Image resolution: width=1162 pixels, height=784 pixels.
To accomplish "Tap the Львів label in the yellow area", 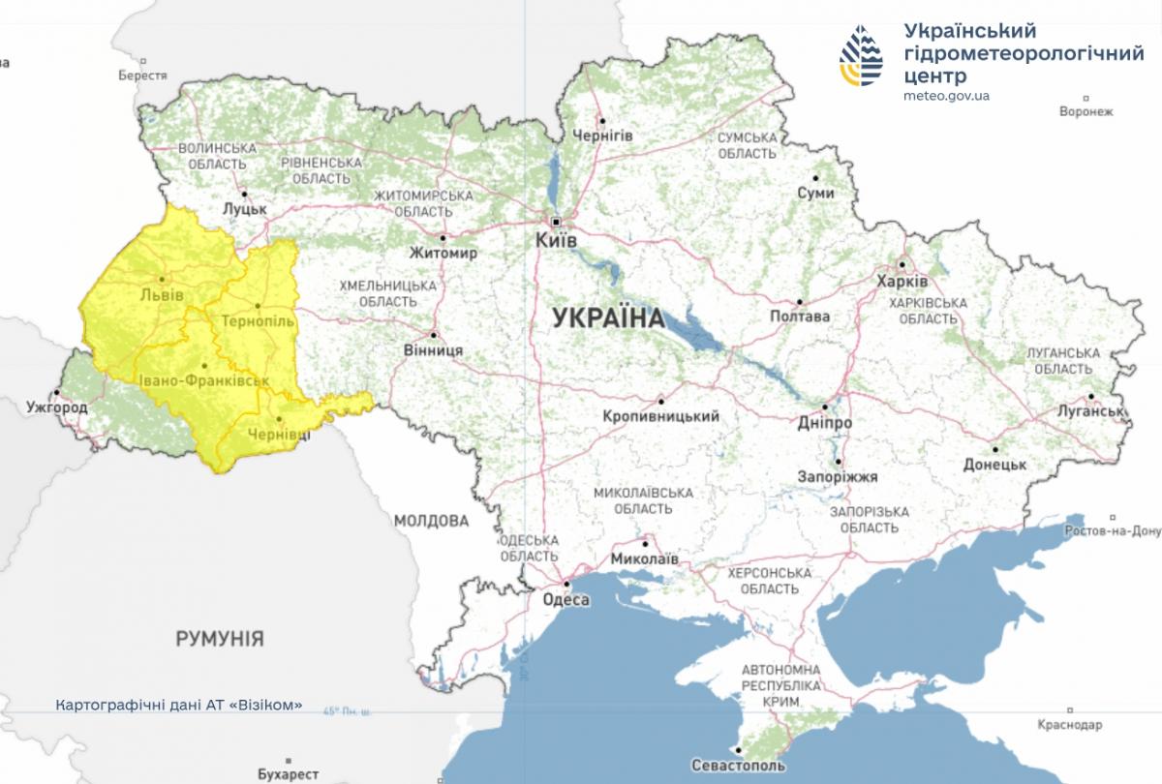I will tap(161, 294).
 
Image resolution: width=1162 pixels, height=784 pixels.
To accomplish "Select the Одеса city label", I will tap(566, 600).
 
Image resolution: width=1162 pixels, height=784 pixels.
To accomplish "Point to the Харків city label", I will tap(901, 281).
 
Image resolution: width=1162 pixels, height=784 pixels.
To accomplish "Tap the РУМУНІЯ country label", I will tap(220, 639).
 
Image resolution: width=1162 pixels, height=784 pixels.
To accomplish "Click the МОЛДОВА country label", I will tap(431, 521).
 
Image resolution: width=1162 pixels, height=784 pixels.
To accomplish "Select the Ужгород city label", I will tap(57, 407).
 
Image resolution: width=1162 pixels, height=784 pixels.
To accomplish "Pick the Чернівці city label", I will tap(279, 436).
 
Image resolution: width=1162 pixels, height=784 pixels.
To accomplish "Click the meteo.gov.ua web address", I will tap(946, 96).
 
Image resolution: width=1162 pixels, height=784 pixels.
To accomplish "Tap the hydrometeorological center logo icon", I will tap(861, 56).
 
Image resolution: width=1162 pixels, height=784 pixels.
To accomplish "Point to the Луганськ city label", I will tap(1090, 410).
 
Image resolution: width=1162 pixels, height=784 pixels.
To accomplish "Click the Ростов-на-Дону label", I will tap(1112, 531).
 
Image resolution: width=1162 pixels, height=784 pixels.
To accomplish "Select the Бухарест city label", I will tap(289, 774).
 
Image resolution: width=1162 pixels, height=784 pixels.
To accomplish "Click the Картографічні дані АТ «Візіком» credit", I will tap(179, 705).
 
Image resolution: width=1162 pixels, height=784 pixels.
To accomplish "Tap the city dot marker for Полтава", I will tap(800, 302).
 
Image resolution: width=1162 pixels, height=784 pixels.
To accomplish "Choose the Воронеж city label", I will tap(1086, 111).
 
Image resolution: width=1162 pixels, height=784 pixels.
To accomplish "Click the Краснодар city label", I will tap(1068, 725).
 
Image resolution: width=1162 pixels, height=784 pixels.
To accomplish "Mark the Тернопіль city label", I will tap(257, 319).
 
